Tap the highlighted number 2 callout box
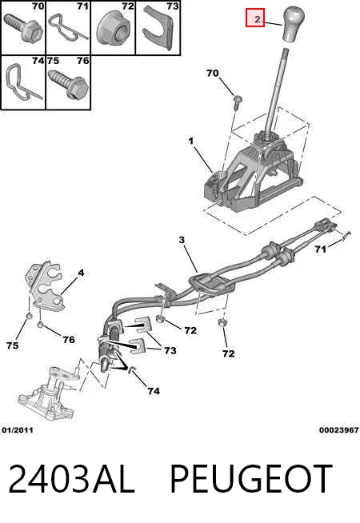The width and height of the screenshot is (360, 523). tap(255, 18)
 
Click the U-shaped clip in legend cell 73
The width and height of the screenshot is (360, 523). tap(159, 28)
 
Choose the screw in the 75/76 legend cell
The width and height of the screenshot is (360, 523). tap(69, 83)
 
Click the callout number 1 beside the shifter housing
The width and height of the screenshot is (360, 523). tap(191, 141)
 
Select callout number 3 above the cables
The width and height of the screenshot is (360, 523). tap(182, 239)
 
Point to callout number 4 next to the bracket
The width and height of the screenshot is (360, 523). tap(81, 273)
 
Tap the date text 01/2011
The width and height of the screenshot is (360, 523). tap(18, 430)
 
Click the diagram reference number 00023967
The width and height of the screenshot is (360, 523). tap(339, 430)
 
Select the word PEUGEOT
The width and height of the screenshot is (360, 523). tap(251, 479)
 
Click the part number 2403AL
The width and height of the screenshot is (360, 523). tap(72, 479)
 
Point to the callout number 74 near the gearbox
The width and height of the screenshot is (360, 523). tap(154, 390)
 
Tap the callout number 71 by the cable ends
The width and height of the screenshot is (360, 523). tap(321, 249)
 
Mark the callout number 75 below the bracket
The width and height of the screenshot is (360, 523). tap(12, 345)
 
